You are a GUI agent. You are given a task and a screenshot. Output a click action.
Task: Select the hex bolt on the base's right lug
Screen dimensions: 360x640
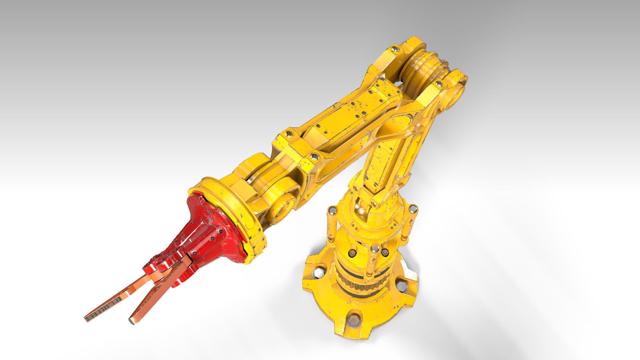402,286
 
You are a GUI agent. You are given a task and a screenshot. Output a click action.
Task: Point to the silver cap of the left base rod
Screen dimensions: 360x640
332,211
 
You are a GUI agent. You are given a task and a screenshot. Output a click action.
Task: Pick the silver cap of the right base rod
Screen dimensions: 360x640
413,209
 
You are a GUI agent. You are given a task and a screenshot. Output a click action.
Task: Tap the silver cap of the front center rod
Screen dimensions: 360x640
374,248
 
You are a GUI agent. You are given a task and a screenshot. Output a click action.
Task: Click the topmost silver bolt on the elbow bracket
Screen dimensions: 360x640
396,49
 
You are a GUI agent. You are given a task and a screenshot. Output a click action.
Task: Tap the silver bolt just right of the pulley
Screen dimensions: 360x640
439,84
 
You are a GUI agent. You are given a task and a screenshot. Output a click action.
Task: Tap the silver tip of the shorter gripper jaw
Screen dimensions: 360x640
132,321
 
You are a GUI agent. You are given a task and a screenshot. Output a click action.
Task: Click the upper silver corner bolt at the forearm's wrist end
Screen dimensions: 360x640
289,134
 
